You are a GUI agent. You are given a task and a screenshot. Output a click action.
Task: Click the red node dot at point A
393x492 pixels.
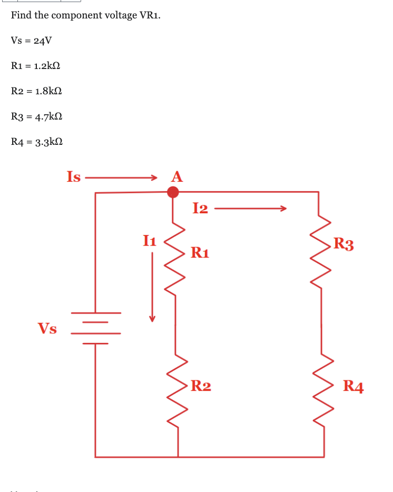(x=173, y=192)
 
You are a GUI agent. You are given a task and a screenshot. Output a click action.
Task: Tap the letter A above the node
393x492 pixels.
(x=177, y=177)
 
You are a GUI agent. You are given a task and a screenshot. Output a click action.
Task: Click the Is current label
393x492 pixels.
(x=74, y=177)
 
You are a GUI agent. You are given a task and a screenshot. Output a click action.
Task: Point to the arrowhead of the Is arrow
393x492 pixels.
(x=154, y=177)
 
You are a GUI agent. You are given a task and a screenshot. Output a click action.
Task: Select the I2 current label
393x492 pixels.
(x=200, y=209)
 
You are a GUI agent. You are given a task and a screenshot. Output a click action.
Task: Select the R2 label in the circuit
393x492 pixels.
(x=201, y=386)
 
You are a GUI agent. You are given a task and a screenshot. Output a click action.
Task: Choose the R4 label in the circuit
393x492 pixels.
(x=353, y=387)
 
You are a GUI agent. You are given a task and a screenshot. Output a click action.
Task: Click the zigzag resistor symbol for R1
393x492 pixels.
(x=175, y=258)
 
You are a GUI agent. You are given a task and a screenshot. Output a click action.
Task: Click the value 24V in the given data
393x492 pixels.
(x=42, y=41)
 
